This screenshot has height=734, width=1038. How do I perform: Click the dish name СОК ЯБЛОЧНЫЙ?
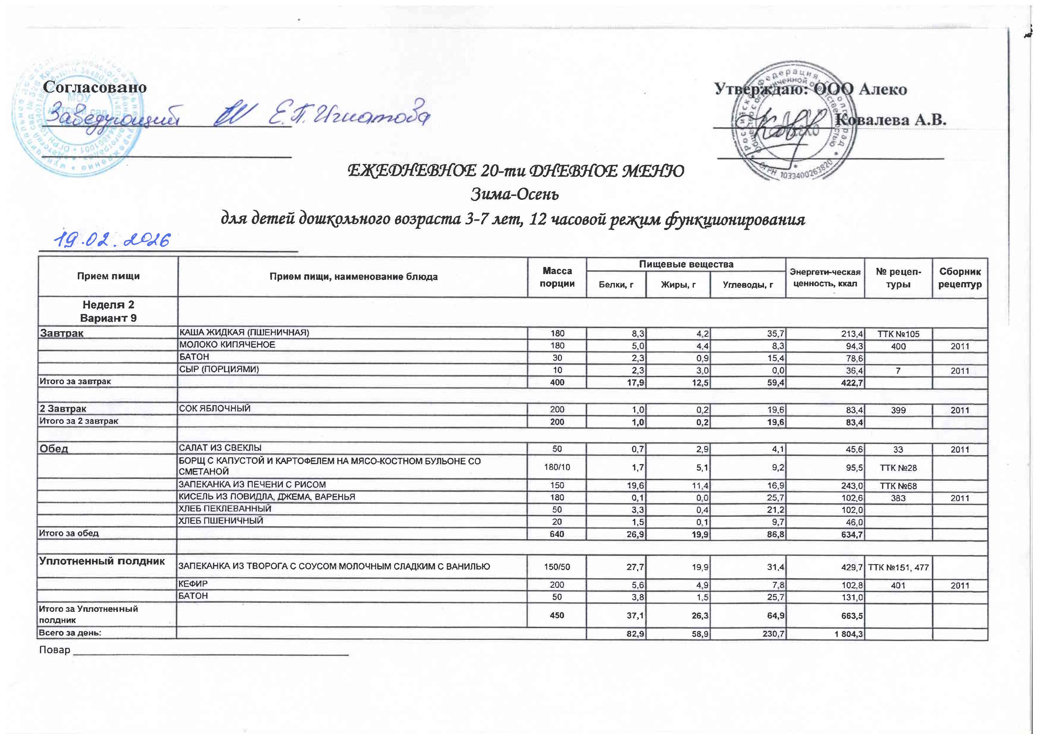tap(215, 409)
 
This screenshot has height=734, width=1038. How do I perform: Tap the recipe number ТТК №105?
tap(898, 334)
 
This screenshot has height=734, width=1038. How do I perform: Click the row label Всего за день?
tap(70, 633)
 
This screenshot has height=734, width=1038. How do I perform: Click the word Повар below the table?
tap(55, 650)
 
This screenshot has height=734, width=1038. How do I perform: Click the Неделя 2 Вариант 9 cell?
tap(108, 311)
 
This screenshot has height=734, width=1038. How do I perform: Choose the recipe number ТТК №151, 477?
tap(898, 567)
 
